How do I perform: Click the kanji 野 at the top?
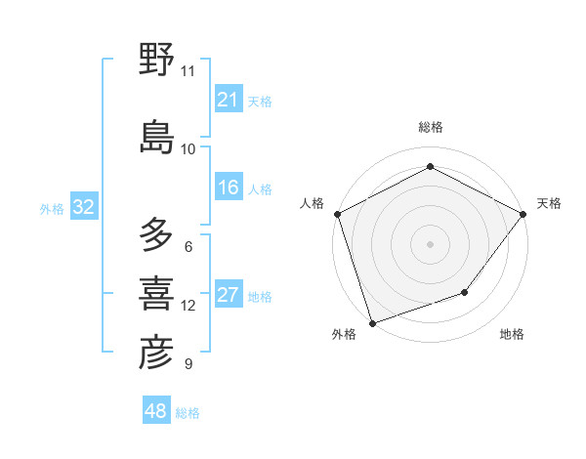point(157,60)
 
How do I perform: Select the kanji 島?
point(157,137)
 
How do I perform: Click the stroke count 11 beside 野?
point(188,71)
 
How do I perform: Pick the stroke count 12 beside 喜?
point(188,306)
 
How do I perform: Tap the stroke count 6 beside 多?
point(188,246)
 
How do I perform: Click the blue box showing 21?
point(228,100)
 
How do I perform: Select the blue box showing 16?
point(228,188)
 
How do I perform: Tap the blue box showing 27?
point(228,295)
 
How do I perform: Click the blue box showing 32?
point(83,207)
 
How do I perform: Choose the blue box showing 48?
point(156,411)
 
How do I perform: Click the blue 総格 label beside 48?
point(188,413)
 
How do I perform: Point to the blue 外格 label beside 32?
point(52,208)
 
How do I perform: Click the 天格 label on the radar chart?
point(549,203)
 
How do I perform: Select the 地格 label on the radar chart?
point(512,334)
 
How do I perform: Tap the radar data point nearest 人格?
point(337,214)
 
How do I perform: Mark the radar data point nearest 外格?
point(372,322)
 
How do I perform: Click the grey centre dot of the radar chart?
point(431,243)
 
